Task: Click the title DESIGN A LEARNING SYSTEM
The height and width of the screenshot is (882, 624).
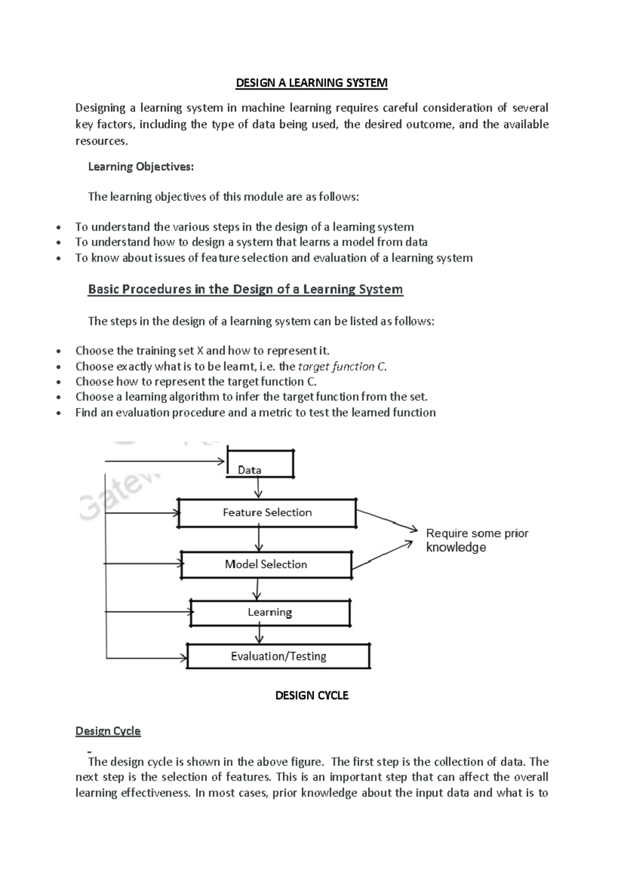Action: pos(311,83)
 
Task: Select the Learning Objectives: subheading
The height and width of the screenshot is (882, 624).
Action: pos(140,166)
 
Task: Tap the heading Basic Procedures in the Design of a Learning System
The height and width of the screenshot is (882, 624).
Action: pos(245,289)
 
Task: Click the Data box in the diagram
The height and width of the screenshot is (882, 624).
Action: pos(260,463)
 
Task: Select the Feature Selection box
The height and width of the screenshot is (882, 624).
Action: pos(267,513)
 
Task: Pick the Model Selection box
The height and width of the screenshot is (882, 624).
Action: pos(266,564)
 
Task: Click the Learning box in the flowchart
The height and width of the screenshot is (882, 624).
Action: pos(270,613)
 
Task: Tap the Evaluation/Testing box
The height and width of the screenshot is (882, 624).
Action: pos(278,656)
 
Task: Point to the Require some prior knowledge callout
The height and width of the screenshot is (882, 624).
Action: pos(477,540)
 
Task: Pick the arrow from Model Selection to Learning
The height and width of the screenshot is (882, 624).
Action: pos(256,589)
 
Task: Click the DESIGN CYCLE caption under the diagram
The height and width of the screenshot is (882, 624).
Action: pos(311,695)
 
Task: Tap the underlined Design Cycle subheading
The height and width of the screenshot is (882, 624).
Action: pos(108,731)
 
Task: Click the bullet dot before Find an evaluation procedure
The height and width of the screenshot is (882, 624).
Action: pos(61,413)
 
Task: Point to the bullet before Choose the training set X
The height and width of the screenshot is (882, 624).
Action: pos(61,351)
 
